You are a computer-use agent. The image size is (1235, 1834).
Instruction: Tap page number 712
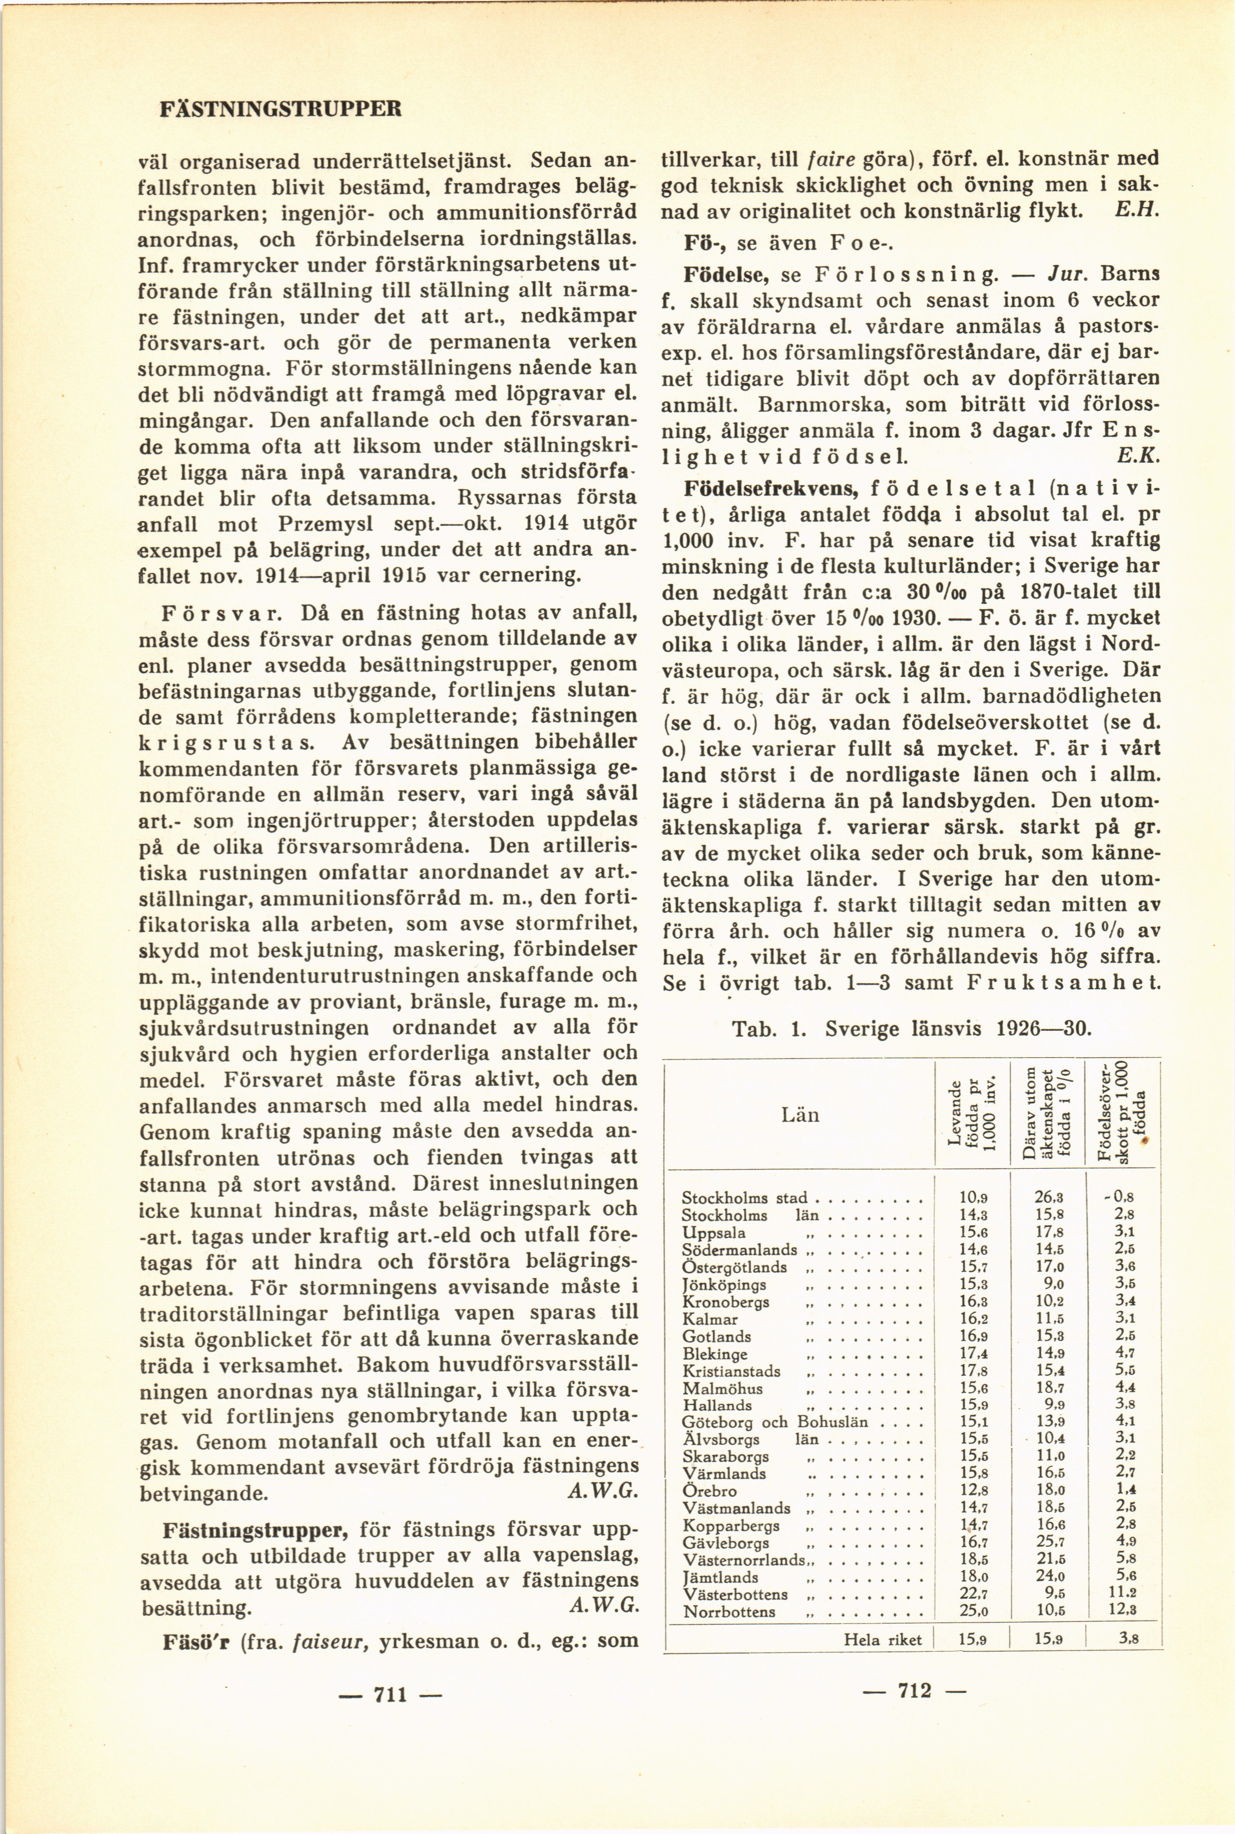point(914,1689)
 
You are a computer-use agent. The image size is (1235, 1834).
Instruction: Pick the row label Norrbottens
point(729,1611)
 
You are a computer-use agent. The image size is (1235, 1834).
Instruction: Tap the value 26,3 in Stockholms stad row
point(1049,1198)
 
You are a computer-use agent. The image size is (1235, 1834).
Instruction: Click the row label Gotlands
point(717,1336)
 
